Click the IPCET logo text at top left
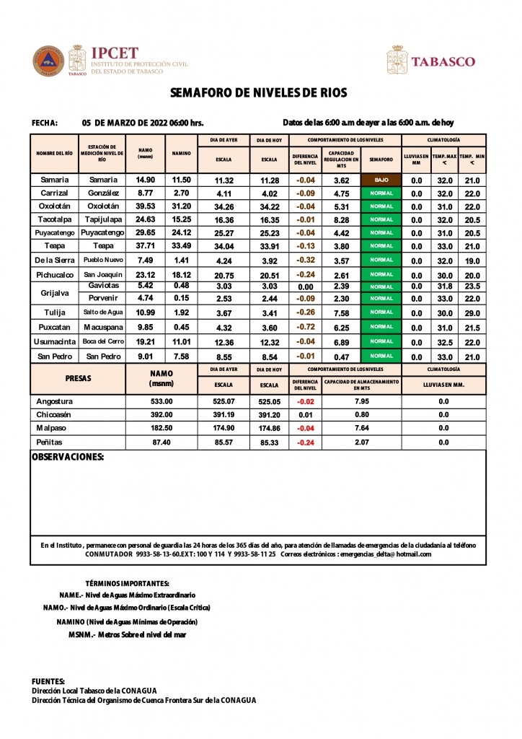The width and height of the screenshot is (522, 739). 114,53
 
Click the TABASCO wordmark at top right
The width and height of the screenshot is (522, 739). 443,61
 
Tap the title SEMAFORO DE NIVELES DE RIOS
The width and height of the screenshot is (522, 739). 259,93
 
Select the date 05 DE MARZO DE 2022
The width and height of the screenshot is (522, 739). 142,123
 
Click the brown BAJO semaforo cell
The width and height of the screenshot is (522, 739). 381,180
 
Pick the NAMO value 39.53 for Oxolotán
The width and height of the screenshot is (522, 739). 146,206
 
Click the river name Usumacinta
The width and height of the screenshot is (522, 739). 55,341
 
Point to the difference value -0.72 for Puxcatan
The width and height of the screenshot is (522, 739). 306,327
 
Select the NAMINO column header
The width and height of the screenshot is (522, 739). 181,153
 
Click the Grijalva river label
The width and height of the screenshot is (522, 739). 55,293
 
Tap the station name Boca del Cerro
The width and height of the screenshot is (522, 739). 102,341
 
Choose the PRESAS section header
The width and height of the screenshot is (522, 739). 78,378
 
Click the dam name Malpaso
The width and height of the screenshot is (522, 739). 51,428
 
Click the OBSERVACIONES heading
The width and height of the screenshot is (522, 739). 68,457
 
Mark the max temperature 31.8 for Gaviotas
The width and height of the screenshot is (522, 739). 445,287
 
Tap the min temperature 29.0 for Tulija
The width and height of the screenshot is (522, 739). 472,313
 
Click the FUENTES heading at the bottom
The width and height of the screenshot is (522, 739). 48,681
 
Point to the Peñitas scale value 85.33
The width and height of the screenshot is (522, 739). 270,442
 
